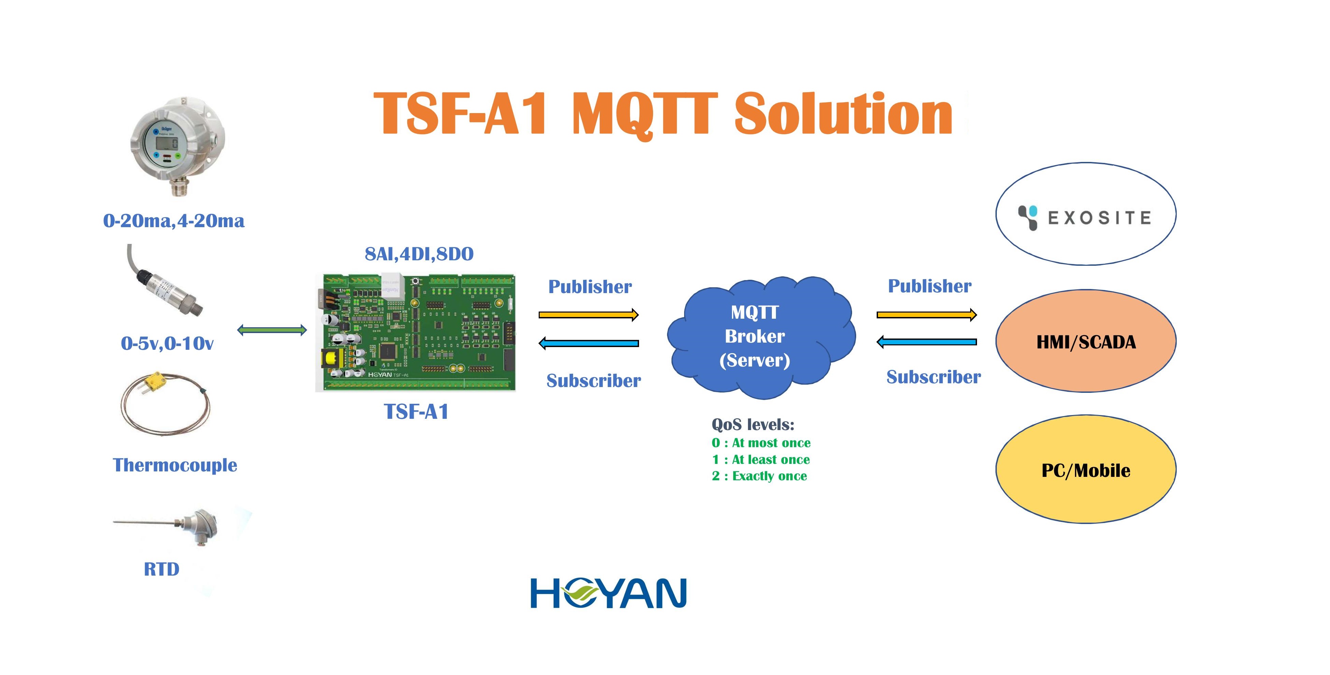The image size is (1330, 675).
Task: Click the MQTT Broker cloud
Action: [x=761, y=337]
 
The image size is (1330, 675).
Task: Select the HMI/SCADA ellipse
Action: [x=1086, y=341]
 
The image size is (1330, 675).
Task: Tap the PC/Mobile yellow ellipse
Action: [x=1086, y=469]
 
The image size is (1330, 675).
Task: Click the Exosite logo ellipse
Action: [x=1086, y=214]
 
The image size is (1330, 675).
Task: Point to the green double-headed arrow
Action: [x=272, y=330]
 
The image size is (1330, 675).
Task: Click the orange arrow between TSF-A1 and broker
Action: [x=589, y=315]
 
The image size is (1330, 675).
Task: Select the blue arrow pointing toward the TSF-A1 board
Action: [x=589, y=343]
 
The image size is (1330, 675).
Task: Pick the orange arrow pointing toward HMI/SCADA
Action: [x=927, y=315]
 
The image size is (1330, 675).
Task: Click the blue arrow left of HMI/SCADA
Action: [x=927, y=341]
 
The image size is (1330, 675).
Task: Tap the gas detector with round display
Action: [x=177, y=146]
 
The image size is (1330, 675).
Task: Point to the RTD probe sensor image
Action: [x=166, y=527]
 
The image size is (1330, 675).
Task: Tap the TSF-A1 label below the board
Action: [x=416, y=412]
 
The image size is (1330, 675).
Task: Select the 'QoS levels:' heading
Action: [x=753, y=425]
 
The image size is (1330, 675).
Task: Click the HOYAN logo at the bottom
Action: [x=609, y=593]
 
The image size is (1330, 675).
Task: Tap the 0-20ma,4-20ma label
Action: [x=174, y=221]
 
